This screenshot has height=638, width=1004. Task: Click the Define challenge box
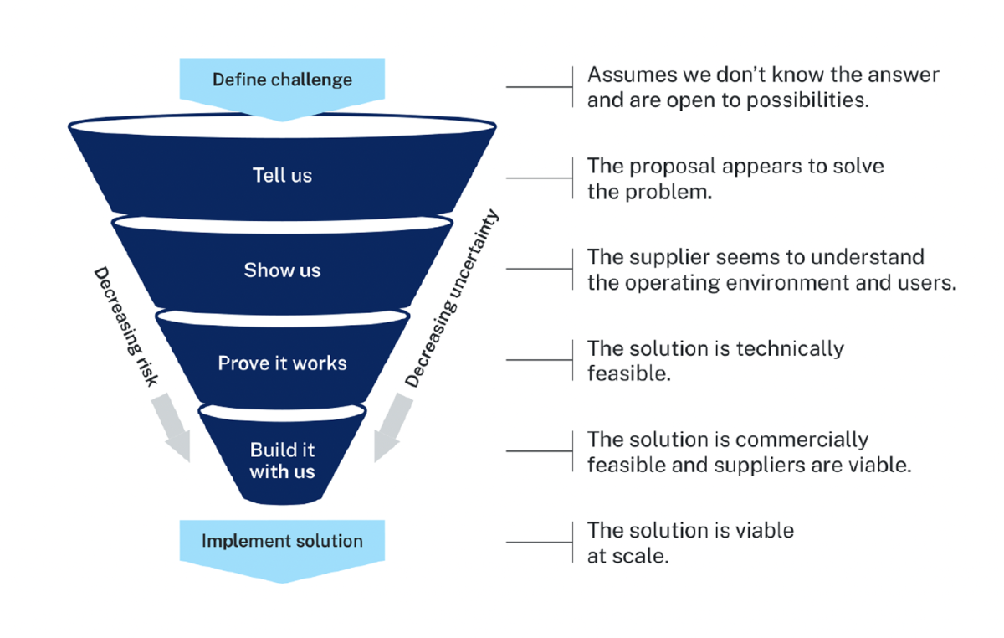282,80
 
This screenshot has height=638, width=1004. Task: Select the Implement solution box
282,541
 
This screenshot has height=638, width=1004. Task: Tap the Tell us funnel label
282,176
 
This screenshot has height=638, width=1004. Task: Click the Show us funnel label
282,270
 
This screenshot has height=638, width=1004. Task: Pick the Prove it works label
282,363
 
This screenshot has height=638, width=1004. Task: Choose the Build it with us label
282,460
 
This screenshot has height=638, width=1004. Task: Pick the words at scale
627,556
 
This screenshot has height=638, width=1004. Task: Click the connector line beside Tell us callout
539,178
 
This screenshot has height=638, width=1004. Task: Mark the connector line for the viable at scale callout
539,543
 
